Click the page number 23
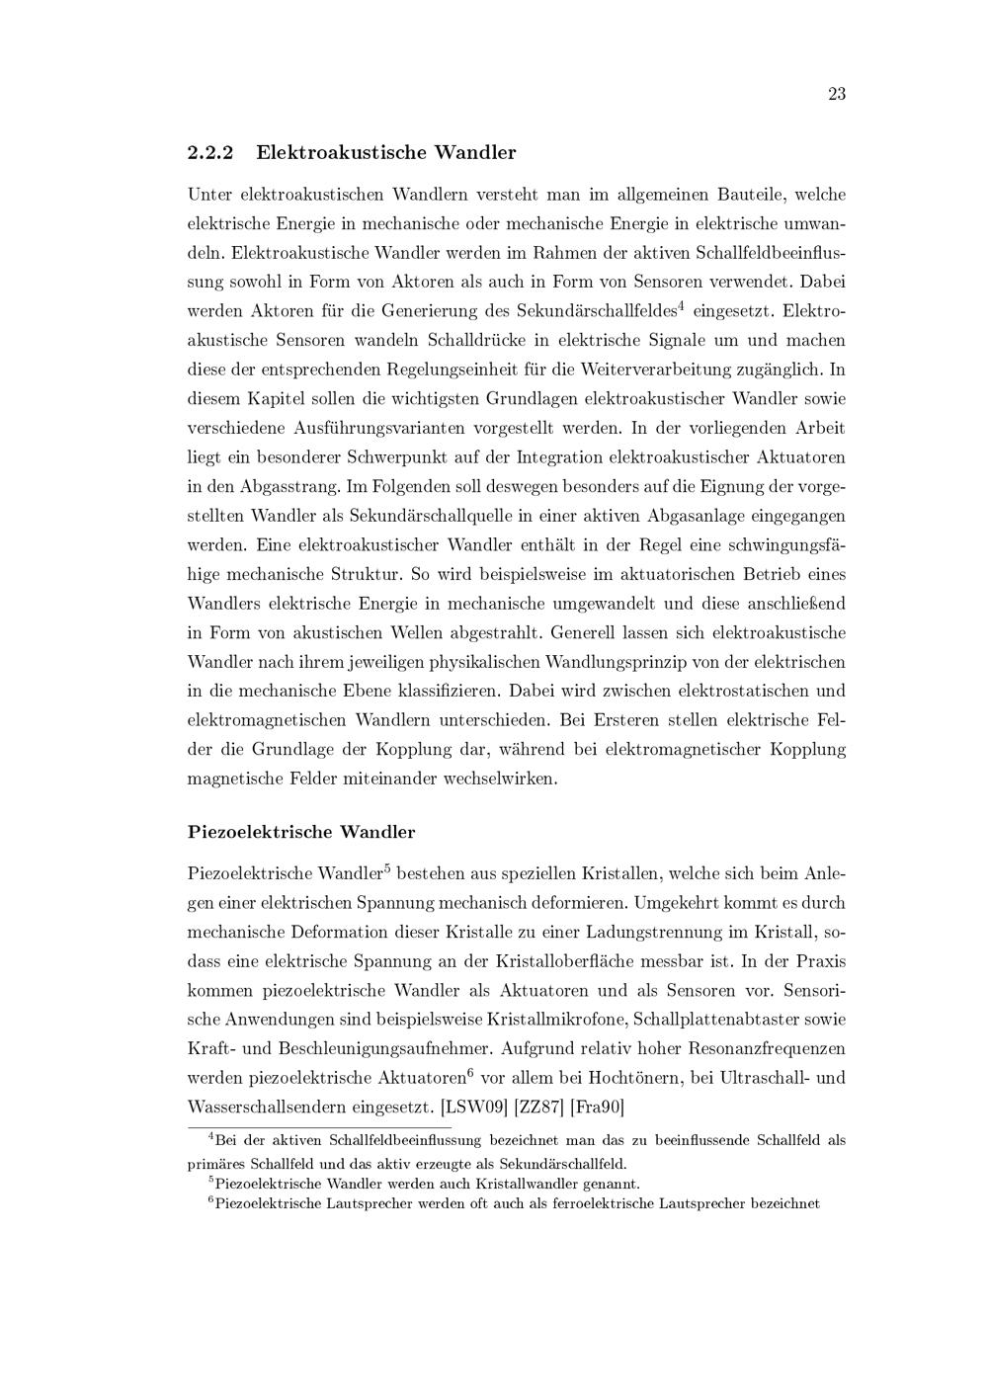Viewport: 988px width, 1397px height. pos(836,95)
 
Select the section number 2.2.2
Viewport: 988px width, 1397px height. pos(209,153)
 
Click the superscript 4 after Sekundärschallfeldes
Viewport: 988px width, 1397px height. pos(682,305)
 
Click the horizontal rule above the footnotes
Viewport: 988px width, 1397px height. pos(319,1126)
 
